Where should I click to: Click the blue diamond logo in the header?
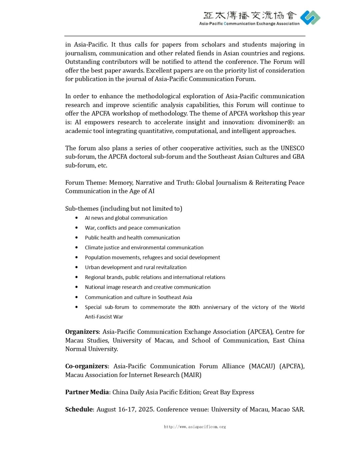[310, 18]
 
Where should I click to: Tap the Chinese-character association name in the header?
[250, 15]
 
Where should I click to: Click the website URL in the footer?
[195, 427]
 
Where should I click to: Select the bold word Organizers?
[82, 332]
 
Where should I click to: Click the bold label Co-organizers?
[86, 366]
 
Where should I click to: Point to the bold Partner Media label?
[87, 392]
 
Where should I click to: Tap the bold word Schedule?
[79, 409]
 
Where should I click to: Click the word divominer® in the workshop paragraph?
[276, 122]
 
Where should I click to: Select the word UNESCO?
[292, 148]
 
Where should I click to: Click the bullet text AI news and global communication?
[126, 218]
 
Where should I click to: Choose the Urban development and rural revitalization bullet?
[136, 267]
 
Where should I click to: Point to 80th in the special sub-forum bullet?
[194, 307]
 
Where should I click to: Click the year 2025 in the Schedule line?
[146, 409]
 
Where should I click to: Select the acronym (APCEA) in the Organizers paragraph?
[260, 332]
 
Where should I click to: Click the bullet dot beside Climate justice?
[77, 248]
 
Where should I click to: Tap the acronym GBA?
[298, 157]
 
